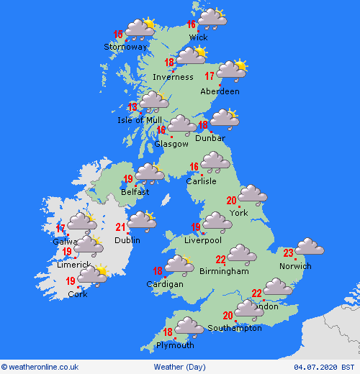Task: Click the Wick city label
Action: point(198,37)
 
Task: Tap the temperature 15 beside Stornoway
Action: point(118,34)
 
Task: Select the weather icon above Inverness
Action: point(192,56)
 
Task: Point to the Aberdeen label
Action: point(220,91)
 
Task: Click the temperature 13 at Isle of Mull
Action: point(132,107)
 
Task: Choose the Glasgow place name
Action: point(171,144)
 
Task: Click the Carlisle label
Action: point(201,181)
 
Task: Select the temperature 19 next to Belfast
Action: point(128,179)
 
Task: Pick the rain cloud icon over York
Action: point(252,194)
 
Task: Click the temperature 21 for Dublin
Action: point(122,228)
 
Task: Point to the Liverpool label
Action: point(202,240)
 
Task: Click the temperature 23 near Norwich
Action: point(288,252)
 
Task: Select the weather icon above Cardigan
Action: point(179,266)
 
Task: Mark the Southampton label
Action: point(235,328)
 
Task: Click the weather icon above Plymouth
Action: point(189,327)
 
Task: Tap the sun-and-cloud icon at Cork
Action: point(92,275)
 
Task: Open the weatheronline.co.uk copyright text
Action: point(40,366)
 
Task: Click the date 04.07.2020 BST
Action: point(329,366)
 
